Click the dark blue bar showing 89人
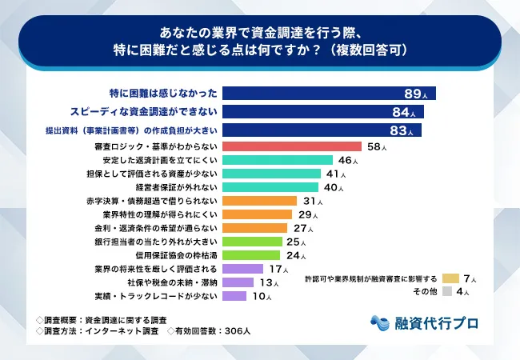coord(328,92)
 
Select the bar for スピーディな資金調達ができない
coord(322,110)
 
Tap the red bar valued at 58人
coord(291,146)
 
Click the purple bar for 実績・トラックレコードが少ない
coord(234,296)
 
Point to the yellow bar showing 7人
coord(450,278)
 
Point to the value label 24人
coord(295,255)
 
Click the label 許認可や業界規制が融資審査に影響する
coord(371,278)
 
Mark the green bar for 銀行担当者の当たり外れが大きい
coord(252,242)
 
